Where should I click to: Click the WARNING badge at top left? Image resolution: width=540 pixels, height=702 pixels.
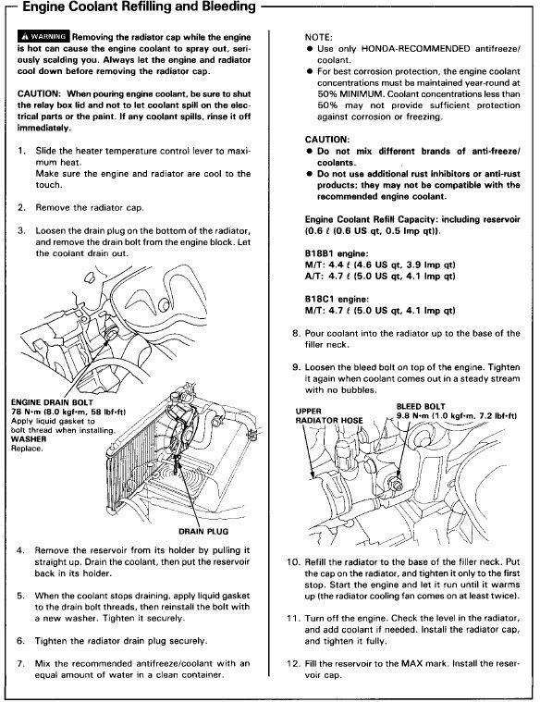coord(43,36)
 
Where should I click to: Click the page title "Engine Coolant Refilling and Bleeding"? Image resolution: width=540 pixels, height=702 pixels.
coord(139,7)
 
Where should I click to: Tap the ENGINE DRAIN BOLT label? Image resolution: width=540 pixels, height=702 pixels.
coord(52,402)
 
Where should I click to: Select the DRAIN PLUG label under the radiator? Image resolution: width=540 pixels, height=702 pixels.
coord(203,532)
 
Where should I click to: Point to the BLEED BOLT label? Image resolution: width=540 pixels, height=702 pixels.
coord(421,407)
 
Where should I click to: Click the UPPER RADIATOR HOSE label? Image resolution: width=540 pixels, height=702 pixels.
coord(329,416)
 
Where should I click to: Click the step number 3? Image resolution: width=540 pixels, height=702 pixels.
coord(21,231)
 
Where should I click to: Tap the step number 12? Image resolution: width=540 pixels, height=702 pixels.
coord(293,663)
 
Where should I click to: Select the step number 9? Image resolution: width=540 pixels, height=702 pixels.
coord(296,367)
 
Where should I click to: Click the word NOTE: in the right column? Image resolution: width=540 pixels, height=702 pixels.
coord(318,37)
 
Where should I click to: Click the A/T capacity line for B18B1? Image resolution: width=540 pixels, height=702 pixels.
coord(380,277)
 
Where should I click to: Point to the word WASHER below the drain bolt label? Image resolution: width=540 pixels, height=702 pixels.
coord(29,439)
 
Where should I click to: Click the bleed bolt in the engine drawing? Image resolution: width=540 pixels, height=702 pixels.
coord(396,485)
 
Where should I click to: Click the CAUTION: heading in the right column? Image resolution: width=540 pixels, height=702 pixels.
coord(327,140)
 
